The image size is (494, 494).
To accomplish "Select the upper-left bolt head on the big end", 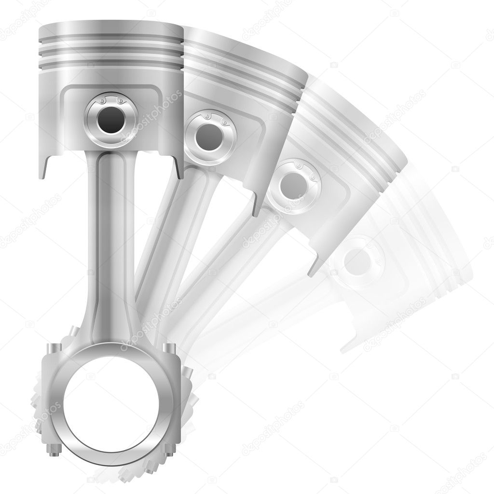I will [x=54, y=349].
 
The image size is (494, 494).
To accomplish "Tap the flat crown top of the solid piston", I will [x=110, y=25].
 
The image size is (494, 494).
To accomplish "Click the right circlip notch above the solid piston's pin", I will [x=120, y=101].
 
